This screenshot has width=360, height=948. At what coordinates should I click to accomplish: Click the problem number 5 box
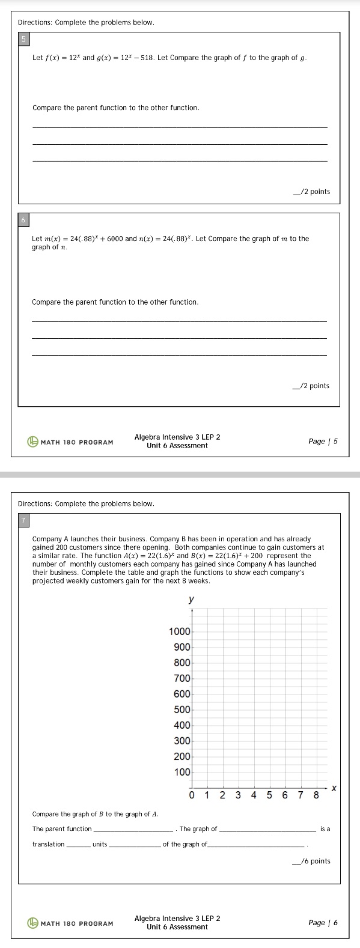(25, 40)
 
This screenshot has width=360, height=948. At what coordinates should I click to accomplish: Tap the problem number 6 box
(25, 220)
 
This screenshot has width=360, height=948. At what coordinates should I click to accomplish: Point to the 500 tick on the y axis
(182, 709)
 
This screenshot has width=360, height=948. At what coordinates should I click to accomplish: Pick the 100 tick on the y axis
(182, 772)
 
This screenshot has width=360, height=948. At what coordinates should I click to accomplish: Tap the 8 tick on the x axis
(316, 796)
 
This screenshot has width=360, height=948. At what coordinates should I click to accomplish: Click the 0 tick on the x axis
(192, 796)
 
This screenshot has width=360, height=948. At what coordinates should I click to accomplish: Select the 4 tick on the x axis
(254, 796)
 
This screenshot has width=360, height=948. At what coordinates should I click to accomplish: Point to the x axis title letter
(334, 788)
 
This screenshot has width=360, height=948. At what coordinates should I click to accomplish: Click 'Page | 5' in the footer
(323, 442)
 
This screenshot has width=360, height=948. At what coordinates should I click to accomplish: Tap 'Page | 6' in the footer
(323, 923)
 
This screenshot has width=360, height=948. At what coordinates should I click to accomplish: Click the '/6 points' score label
(312, 861)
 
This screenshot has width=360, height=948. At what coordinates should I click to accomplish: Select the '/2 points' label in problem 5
(312, 192)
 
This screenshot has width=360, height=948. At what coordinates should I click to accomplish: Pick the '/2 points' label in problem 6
(311, 386)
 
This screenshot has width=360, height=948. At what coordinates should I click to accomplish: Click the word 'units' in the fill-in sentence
(100, 844)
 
